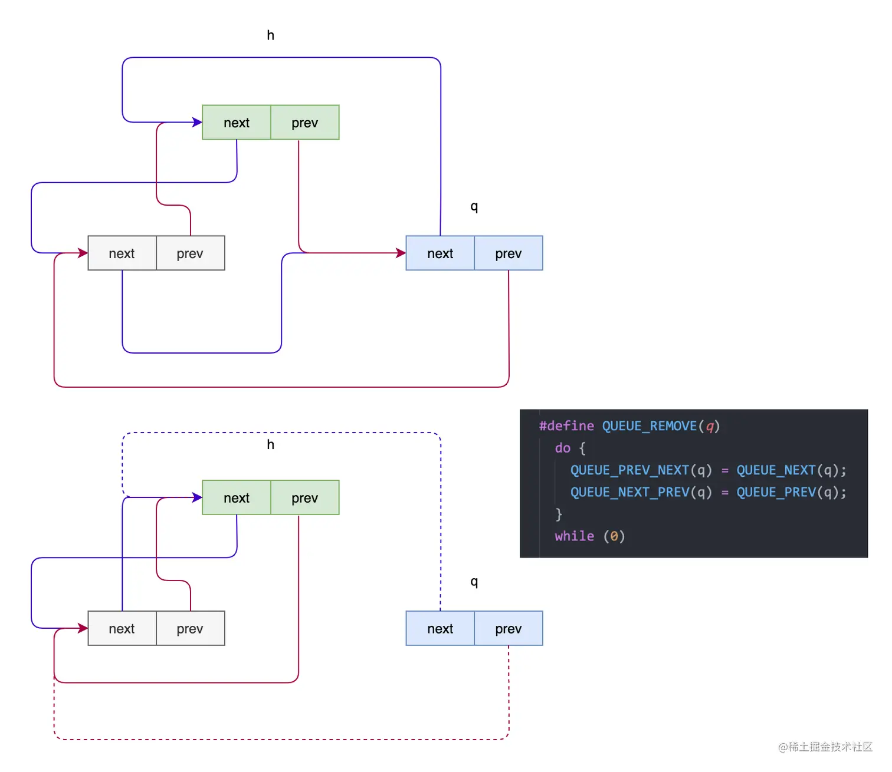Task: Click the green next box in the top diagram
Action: [237, 123]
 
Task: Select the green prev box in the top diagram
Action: [305, 123]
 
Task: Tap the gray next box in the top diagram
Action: [122, 253]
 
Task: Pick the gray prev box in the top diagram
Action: [191, 253]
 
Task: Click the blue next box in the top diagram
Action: [440, 253]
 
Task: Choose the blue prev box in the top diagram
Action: [509, 253]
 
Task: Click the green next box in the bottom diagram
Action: [237, 497]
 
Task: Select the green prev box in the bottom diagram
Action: [305, 497]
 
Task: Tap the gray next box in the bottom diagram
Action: [122, 628]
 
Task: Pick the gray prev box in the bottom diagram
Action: [191, 628]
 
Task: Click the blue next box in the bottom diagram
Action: [440, 628]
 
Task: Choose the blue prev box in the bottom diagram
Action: [509, 628]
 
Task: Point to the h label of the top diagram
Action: [271, 35]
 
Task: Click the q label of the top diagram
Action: [474, 206]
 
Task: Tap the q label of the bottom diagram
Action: [474, 582]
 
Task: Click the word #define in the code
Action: [566, 426]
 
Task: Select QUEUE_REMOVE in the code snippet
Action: [650, 426]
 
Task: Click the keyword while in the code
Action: [575, 536]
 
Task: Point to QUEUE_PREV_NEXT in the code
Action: [629, 470]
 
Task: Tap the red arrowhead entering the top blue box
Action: [401, 253]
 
